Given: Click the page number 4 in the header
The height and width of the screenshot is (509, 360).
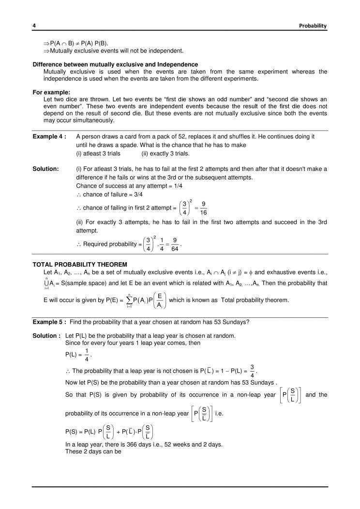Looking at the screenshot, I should (34, 25).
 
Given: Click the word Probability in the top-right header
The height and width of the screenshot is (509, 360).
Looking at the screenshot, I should (313, 25).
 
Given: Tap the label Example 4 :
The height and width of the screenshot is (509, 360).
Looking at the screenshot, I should (49, 137).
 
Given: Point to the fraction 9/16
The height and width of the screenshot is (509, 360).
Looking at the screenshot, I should (204, 208).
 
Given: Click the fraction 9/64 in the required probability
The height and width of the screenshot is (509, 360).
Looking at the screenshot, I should (175, 245).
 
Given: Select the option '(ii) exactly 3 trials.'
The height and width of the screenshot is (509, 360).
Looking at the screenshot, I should (165, 154).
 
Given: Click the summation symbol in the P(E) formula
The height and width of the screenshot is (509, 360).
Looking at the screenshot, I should (130, 300).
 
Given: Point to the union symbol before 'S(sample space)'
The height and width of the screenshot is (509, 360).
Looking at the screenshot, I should (46, 283).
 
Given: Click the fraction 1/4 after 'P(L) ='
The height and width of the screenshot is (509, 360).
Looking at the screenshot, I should (87, 355).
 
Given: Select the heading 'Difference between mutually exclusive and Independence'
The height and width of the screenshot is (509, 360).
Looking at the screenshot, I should (115, 64).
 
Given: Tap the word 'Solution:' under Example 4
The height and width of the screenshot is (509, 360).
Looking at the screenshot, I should (45, 169).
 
